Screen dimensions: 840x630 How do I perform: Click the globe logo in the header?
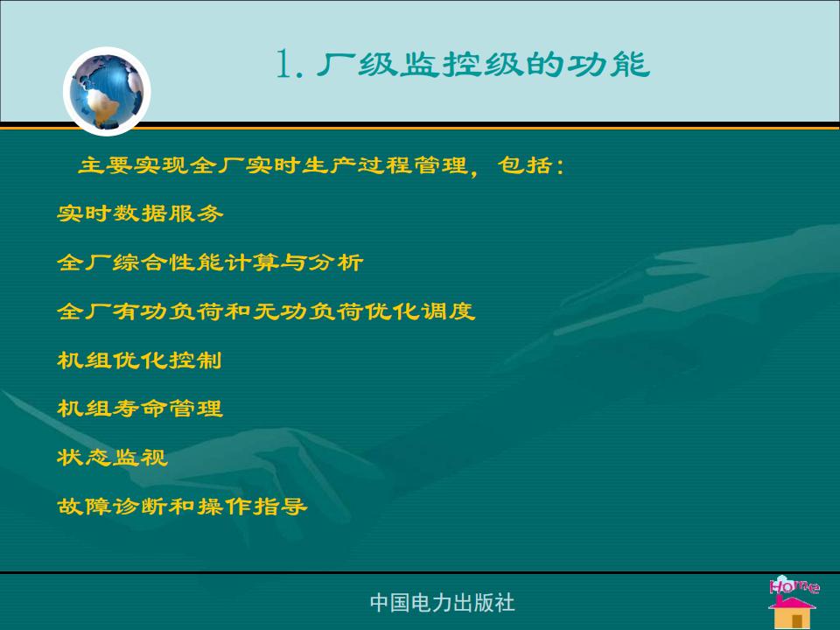(x=107, y=91)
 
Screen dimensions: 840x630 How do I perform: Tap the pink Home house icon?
(x=794, y=602)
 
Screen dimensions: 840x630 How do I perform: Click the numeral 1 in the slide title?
(x=284, y=64)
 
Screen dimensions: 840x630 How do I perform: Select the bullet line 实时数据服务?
(x=140, y=213)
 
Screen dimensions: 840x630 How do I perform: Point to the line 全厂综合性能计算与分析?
(x=210, y=262)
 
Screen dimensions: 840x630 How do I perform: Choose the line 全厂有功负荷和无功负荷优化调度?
(x=266, y=311)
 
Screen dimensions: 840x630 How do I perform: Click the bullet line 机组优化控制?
(x=139, y=360)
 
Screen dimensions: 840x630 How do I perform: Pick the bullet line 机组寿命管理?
(x=140, y=409)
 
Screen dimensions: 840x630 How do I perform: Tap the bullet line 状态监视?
(x=112, y=457)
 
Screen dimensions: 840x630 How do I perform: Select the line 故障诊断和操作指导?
(x=182, y=506)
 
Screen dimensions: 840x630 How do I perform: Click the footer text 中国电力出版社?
(x=443, y=603)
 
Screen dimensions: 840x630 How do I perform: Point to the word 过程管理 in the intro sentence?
(x=412, y=165)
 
